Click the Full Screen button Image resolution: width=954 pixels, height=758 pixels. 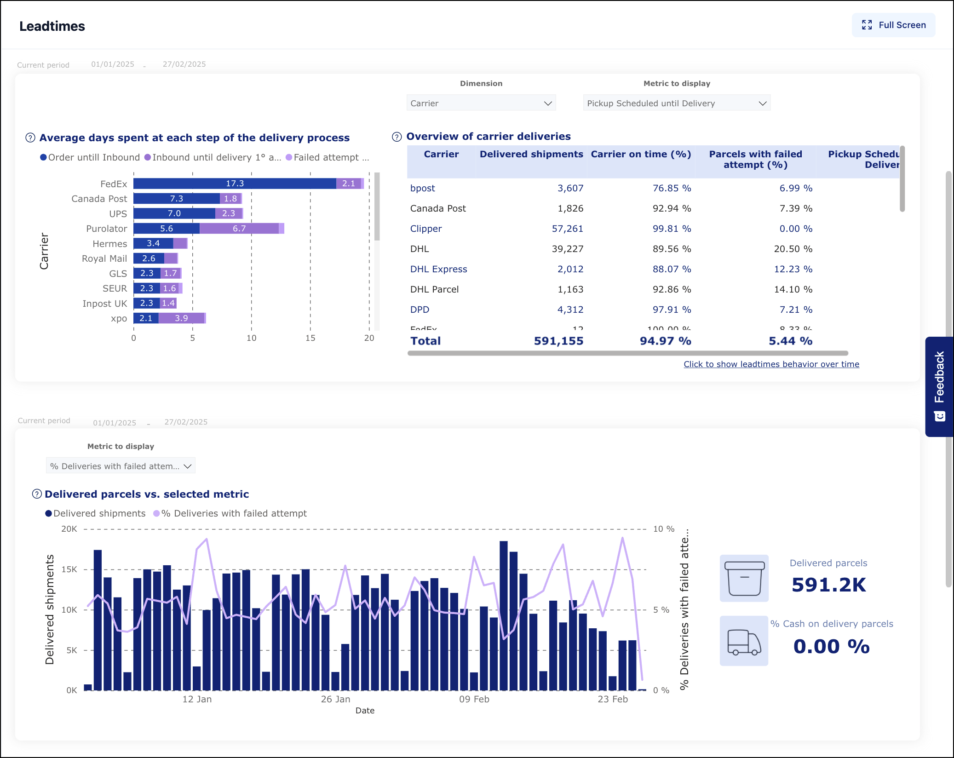pos(893,25)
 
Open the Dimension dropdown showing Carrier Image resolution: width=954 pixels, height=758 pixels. pos(481,103)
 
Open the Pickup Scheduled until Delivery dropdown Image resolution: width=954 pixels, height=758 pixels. pos(676,103)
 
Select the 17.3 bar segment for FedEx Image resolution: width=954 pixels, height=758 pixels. pos(235,184)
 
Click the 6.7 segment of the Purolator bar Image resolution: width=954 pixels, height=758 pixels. pos(239,229)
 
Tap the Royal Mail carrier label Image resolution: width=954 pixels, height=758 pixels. pos(104,258)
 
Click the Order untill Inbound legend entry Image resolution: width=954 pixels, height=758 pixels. pos(90,157)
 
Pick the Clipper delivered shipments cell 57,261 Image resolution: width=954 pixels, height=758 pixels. pos(567,229)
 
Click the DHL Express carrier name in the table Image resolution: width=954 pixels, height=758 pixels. pos(438,269)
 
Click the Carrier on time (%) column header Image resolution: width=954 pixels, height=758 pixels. pos(640,155)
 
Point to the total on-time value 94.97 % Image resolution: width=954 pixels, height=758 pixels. pos(665,341)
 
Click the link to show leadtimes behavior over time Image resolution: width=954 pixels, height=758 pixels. pos(771,364)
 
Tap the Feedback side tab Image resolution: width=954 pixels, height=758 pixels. pos(939,386)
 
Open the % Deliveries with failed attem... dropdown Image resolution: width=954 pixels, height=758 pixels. pos(121,466)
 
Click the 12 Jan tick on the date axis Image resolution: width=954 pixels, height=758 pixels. pos(197,699)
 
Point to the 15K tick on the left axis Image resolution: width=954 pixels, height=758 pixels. pos(69,569)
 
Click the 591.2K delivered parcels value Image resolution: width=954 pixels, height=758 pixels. pos(828,585)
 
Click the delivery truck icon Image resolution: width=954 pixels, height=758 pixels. pos(744,641)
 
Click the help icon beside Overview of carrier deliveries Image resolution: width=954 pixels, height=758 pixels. pos(397,137)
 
